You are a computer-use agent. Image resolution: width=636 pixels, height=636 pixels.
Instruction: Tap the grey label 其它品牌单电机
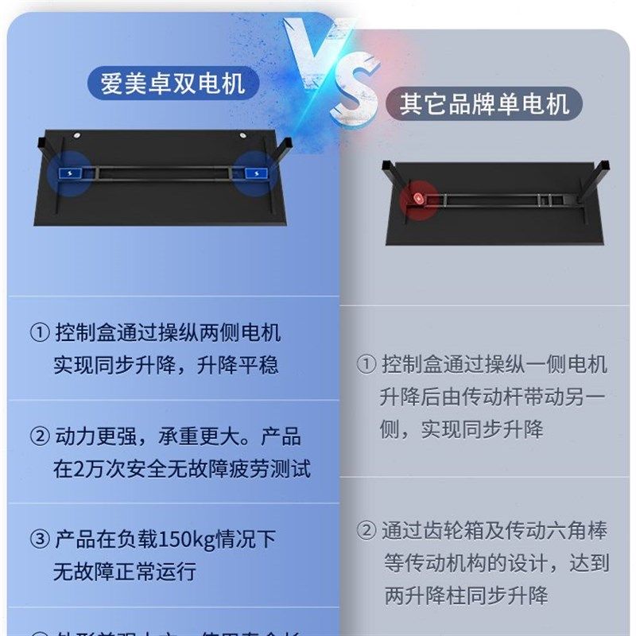tap(484, 104)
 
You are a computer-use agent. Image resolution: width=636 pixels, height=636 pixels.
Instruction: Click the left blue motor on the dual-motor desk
tap(66, 173)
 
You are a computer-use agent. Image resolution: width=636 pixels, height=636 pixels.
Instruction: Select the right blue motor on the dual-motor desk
tap(255, 173)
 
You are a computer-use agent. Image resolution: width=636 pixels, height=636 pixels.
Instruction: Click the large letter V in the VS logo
tap(313, 52)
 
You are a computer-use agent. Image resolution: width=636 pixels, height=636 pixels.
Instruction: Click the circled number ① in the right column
tap(366, 365)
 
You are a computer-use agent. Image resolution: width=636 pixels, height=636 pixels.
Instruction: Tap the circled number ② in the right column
tap(366, 530)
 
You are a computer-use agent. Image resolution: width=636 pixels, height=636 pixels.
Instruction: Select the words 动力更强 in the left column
tap(88, 436)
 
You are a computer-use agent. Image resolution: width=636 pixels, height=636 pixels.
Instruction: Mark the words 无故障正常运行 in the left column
tap(125, 572)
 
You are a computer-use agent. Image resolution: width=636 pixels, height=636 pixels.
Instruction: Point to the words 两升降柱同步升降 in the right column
tap(466, 595)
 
